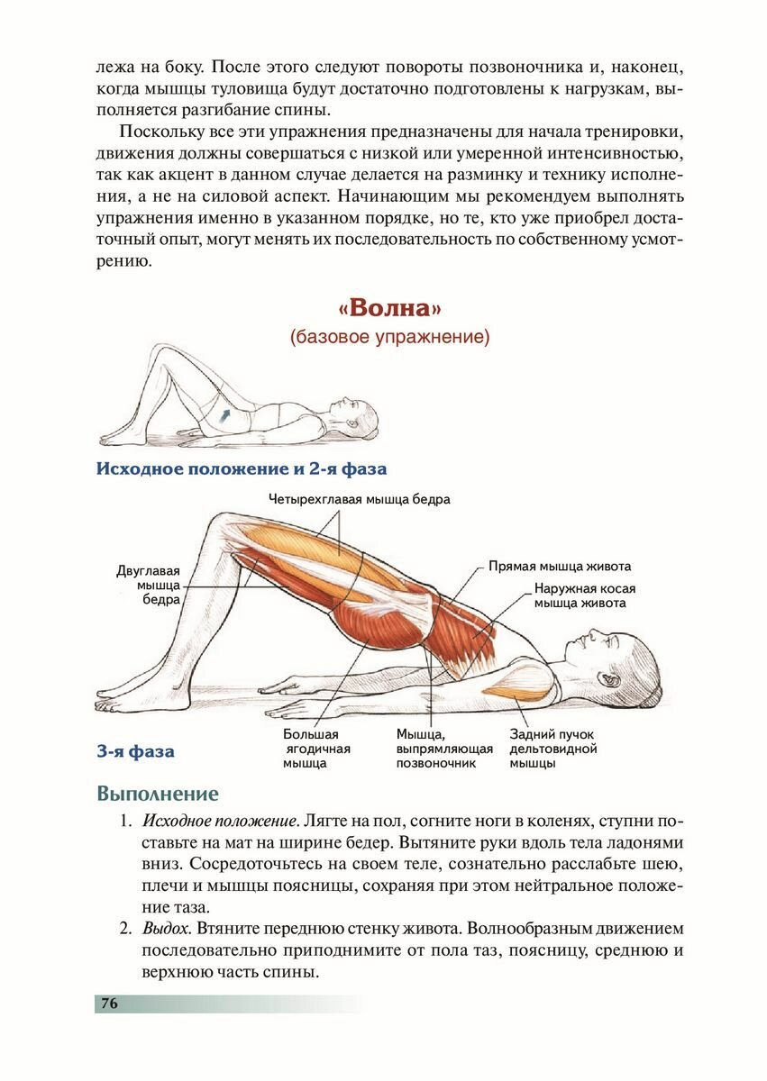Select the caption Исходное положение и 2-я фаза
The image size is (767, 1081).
(242, 469)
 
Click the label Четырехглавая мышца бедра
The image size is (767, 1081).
(360, 499)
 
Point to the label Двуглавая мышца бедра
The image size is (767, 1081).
(149, 585)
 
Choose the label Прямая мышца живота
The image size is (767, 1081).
(560, 567)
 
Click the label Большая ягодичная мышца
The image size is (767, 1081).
(316, 748)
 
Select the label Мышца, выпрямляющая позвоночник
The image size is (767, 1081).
(444, 748)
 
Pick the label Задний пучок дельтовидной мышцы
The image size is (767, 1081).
(553, 748)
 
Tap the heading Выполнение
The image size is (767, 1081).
(157, 794)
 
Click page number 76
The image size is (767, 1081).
(110, 1004)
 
